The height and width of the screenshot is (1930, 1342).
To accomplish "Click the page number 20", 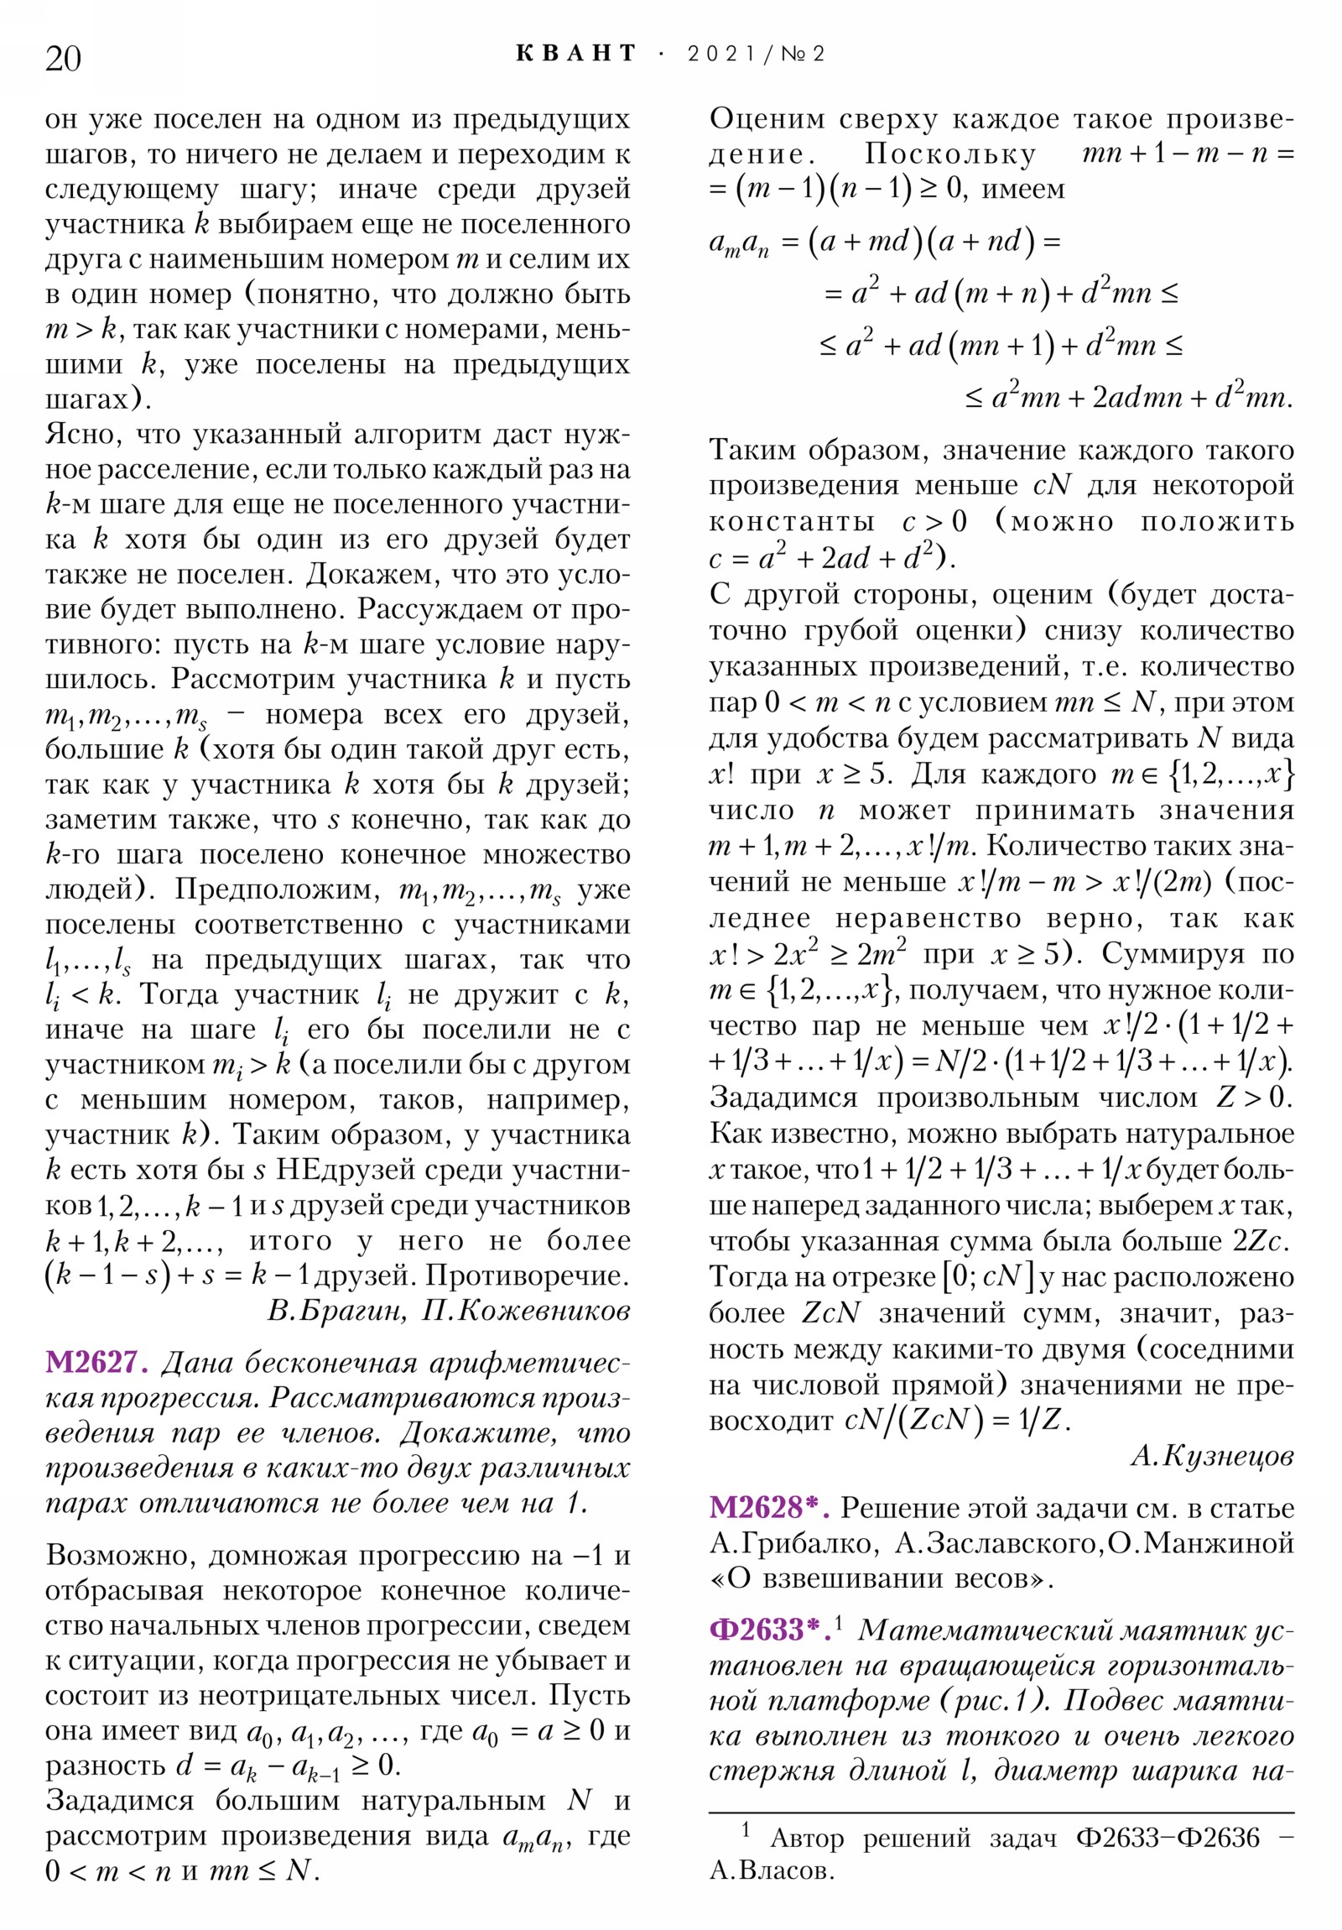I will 63,59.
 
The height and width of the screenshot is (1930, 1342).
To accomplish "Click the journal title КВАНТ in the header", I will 576,54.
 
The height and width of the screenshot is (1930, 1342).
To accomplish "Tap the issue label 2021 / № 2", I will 756,54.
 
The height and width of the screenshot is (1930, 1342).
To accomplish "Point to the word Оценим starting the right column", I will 767,118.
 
